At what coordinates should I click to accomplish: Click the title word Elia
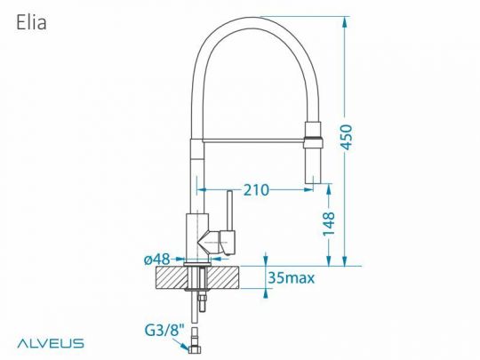(x=31, y=22)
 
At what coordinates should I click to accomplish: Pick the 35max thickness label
(x=291, y=279)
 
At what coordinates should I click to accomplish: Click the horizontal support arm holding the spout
(x=253, y=138)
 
